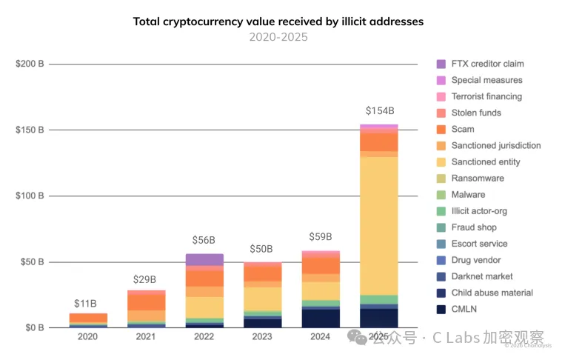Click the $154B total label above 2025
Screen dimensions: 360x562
(x=378, y=111)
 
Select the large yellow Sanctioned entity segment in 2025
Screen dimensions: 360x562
(x=378, y=222)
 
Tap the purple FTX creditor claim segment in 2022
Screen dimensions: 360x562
(x=204, y=259)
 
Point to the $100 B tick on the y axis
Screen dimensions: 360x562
(x=30, y=196)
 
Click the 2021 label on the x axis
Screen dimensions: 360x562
(x=146, y=337)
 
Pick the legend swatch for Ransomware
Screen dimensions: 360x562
(x=441, y=179)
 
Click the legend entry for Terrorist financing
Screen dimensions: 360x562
(x=486, y=96)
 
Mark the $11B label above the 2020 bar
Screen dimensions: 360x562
(x=87, y=304)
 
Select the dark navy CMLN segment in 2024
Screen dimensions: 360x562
(x=321, y=318)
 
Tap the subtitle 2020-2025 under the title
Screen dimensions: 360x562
(x=278, y=37)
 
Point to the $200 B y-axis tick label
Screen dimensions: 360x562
(x=30, y=64)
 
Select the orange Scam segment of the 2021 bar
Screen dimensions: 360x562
(x=146, y=301)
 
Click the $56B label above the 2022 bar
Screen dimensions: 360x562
(x=204, y=241)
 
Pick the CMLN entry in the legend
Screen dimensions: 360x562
(x=466, y=309)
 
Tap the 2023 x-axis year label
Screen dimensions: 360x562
(x=262, y=337)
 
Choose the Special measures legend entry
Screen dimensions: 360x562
(x=486, y=80)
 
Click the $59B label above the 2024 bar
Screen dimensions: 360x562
(x=321, y=238)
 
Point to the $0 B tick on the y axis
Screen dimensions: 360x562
(x=32, y=327)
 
